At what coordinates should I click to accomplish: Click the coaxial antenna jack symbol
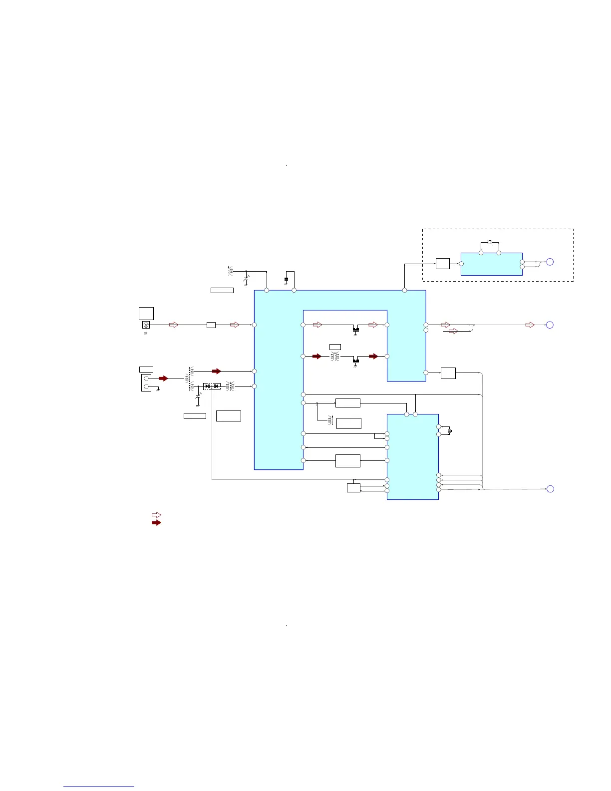tap(146, 325)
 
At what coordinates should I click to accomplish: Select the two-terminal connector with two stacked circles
tap(146, 383)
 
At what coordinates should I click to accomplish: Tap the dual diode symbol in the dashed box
tap(212, 386)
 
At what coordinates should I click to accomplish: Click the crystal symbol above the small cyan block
tap(490, 242)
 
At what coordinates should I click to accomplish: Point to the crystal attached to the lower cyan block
tap(450, 430)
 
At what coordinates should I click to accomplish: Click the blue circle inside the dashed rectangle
tap(550, 262)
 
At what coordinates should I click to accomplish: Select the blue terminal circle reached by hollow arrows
tap(550, 325)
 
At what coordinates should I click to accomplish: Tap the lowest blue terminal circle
tap(550, 489)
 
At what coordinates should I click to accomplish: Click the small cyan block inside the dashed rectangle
tap(491, 264)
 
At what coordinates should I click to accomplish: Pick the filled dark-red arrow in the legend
tap(156, 522)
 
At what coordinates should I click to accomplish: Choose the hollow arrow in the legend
tap(156, 515)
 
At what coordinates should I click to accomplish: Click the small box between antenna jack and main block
tap(211, 325)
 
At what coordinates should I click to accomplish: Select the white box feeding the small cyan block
tap(442, 263)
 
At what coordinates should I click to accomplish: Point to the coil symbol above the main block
tap(230, 271)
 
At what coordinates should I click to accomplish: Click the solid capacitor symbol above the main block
tap(286, 279)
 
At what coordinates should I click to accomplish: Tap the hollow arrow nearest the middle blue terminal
tap(530, 325)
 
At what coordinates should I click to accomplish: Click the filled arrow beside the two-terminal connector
tap(163, 379)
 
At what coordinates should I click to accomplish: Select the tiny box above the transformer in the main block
tap(335, 347)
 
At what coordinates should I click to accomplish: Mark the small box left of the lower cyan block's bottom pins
tap(353, 487)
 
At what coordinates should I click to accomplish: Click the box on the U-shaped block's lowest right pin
tap(448, 373)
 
